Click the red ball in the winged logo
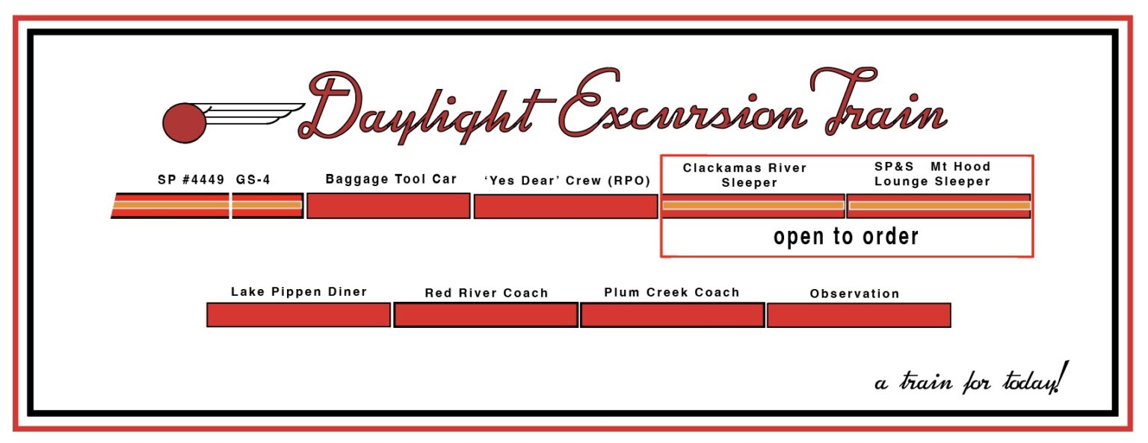pyautogui.click(x=184, y=123)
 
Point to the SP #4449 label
pyautogui.click(x=191, y=180)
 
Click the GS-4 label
pyautogui.click(x=253, y=180)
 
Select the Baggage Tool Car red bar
pyautogui.click(x=388, y=206)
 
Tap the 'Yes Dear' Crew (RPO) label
pyautogui.click(x=567, y=181)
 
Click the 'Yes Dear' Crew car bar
pyautogui.click(x=566, y=207)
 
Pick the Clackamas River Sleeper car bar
pyautogui.click(x=753, y=205)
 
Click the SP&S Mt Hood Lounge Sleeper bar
pyautogui.click(x=939, y=205)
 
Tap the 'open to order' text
pyautogui.click(x=845, y=237)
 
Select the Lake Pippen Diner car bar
pyautogui.click(x=298, y=315)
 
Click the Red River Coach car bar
pyautogui.click(x=486, y=315)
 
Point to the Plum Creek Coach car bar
pyautogui.click(x=672, y=315)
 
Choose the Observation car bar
pyautogui.click(x=859, y=315)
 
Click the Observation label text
pyautogui.click(x=854, y=294)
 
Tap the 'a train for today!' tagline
pyautogui.click(x=971, y=380)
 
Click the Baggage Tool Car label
pyautogui.click(x=391, y=179)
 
